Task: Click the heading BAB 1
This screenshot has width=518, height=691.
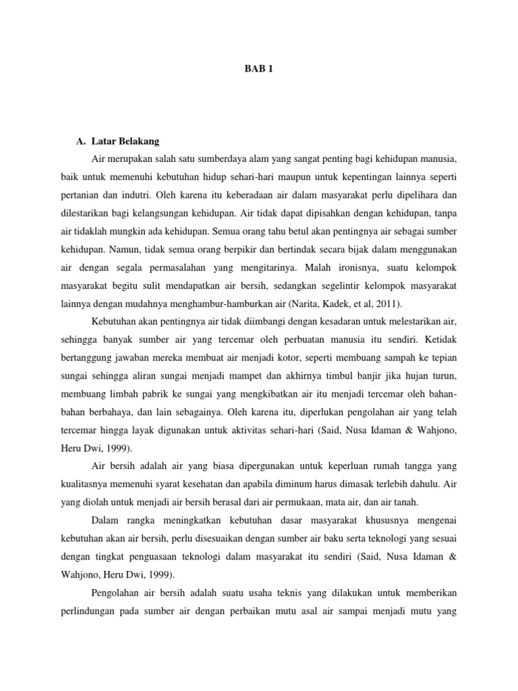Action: [x=259, y=70]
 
